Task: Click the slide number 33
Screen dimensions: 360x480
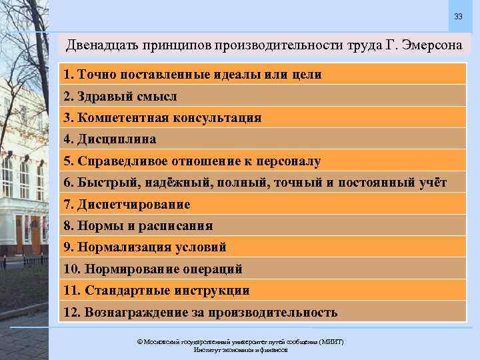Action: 458,16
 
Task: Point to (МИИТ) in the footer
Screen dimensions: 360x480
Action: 332,341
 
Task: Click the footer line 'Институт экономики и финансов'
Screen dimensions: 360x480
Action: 240,349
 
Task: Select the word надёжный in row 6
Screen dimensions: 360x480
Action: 167,183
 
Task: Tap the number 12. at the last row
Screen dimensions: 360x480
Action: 71,312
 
